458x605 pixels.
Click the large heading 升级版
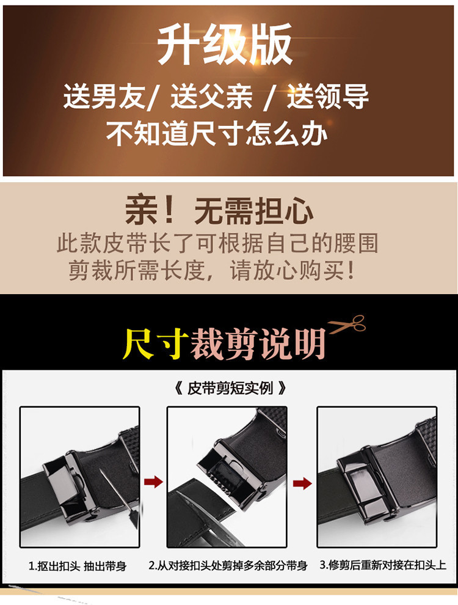pyautogui.click(x=224, y=44)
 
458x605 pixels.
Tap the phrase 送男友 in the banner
pyautogui.click(x=104, y=96)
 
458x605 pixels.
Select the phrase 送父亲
pyautogui.click(x=212, y=96)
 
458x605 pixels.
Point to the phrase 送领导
pyautogui.click(x=327, y=96)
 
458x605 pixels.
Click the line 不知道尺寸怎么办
pyautogui.click(x=217, y=133)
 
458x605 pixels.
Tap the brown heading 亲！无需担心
pyautogui.click(x=219, y=210)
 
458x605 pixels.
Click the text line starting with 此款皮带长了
pyautogui.click(x=217, y=243)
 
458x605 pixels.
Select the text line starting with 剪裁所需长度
pyautogui.click(x=211, y=270)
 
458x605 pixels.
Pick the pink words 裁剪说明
pyautogui.click(x=258, y=343)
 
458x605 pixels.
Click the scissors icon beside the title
pyautogui.click(x=347, y=324)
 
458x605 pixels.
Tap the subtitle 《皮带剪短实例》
pyautogui.click(x=230, y=388)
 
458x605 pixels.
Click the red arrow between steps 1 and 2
pyautogui.click(x=153, y=482)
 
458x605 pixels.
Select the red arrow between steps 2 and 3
pyautogui.click(x=302, y=483)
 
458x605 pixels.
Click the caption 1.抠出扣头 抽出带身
pyautogui.click(x=78, y=566)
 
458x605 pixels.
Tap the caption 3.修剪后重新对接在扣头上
pyautogui.click(x=383, y=565)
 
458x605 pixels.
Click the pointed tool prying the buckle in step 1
pyautogui.click(x=118, y=498)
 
